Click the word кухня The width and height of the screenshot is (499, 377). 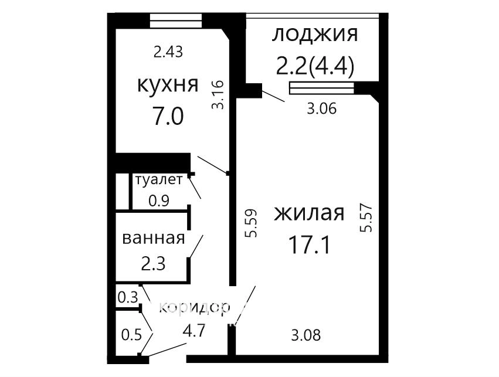click(x=168, y=84)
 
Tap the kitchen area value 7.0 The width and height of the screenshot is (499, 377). click(x=168, y=116)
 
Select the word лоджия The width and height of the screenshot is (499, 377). click(x=315, y=35)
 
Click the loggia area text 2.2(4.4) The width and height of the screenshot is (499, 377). click(x=315, y=66)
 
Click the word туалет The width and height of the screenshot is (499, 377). click(x=159, y=180)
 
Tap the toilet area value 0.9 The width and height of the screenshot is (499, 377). click(x=159, y=201)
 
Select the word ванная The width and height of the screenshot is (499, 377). click(x=154, y=238)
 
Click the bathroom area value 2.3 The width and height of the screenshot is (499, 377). click(x=153, y=264)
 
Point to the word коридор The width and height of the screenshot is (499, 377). click(x=194, y=308)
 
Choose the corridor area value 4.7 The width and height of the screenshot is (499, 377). click(x=194, y=331)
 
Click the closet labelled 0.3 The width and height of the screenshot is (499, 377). click(x=128, y=297)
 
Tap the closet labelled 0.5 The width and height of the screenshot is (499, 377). click(x=131, y=335)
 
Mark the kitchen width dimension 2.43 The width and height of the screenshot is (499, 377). click(x=168, y=52)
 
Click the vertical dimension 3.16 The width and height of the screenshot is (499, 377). click(x=218, y=95)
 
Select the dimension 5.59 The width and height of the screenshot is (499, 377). click(x=251, y=223)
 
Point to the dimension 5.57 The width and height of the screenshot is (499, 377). click(x=366, y=218)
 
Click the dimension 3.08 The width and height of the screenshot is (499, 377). click(x=306, y=335)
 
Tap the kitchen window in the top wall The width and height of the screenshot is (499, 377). click(x=176, y=21)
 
